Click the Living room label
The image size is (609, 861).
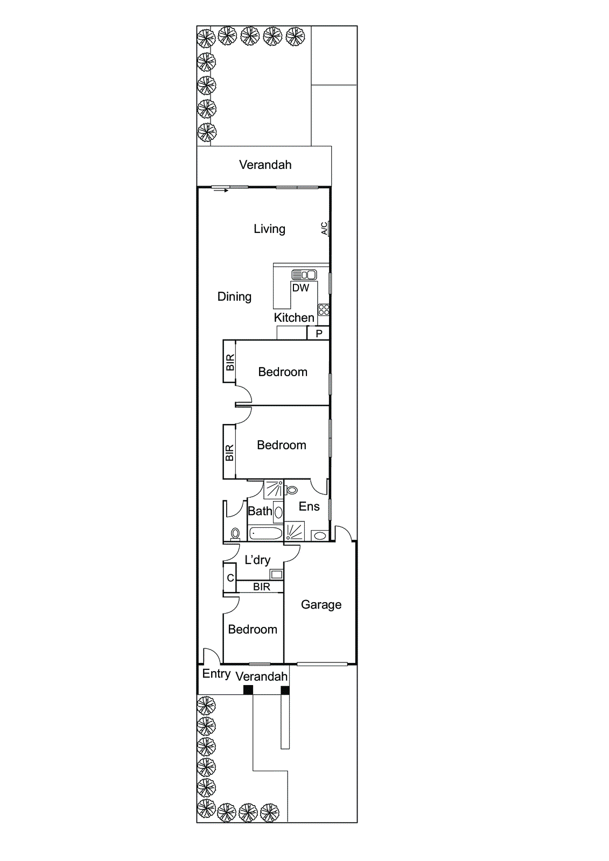pyautogui.click(x=269, y=229)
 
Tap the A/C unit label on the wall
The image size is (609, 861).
pyautogui.click(x=324, y=229)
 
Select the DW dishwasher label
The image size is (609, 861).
pyautogui.click(x=300, y=288)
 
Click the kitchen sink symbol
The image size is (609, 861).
pyautogui.click(x=304, y=274)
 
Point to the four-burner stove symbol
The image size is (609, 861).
pyautogui.click(x=324, y=309)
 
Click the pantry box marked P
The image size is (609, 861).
pyautogui.click(x=319, y=334)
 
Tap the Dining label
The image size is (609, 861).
pyautogui.click(x=234, y=297)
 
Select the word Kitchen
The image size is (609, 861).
pyautogui.click(x=294, y=317)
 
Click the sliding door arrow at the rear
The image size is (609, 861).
pyautogui.click(x=220, y=190)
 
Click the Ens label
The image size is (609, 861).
pyautogui.click(x=309, y=506)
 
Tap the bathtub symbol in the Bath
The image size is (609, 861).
pyautogui.click(x=265, y=533)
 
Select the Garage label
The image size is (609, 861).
pyautogui.click(x=321, y=604)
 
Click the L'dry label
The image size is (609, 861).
pyautogui.click(x=257, y=560)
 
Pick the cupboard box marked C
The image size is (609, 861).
pyautogui.click(x=230, y=578)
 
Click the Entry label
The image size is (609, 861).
pyautogui.click(x=216, y=674)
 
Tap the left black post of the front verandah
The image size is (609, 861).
pyautogui.click(x=248, y=690)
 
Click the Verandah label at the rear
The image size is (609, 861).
pyautogui.click(x=265, y=165)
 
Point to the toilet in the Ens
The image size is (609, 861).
pyautogui.click(x=292, y=490)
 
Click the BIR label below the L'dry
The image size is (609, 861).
pyautogui.click(x=262, y=587)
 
